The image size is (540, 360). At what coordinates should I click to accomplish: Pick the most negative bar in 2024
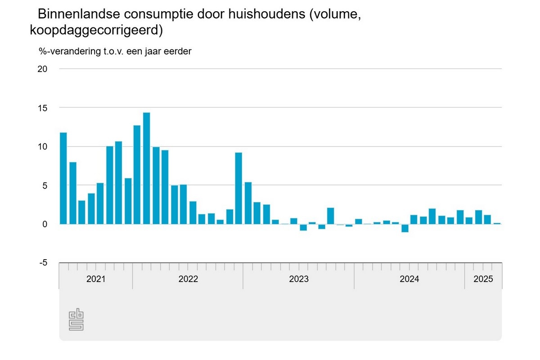(405, 228)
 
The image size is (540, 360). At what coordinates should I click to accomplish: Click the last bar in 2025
(497, 223)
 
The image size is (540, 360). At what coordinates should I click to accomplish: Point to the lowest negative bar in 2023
(303, 227)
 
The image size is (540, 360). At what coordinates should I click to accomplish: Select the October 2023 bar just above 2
(331, 216)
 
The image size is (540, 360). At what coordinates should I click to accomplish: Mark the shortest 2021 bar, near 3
(82, 212)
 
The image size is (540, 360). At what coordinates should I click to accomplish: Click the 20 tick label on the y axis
(42, 69)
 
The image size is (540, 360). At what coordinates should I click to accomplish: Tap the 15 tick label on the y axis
(42, 108)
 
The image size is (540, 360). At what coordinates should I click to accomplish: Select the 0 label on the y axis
(45, 224)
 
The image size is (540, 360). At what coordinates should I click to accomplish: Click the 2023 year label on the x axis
(299, 279)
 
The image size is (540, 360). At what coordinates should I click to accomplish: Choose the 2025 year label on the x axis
(483, 279)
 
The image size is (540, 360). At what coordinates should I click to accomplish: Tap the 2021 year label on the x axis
(96, 279)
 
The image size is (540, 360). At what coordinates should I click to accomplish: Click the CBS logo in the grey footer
(76, 320)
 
